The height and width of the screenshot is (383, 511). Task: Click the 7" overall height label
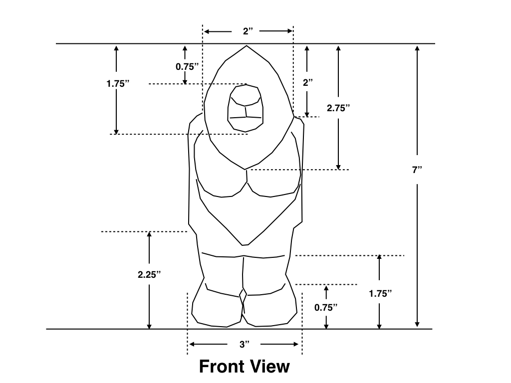coord(417,170)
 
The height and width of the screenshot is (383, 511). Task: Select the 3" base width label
coord(244,345)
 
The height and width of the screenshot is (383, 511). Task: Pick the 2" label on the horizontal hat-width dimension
coord(248,31)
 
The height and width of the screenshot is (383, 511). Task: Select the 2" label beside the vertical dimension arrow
coord(307,83)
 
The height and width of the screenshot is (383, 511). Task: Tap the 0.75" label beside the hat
coord(188,66)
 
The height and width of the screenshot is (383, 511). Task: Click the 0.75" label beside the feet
coord(326,307)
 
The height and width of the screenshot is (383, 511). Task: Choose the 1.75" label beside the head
coord(118,84)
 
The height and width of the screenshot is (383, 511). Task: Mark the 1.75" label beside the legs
coord(380,294)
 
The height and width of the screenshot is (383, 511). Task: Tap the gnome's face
coord(246,107)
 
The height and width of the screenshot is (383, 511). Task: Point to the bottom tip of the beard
coord(245,245)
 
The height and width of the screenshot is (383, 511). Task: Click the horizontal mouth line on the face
coord(246,117)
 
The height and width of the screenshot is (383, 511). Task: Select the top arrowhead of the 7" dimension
coord(417,48)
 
